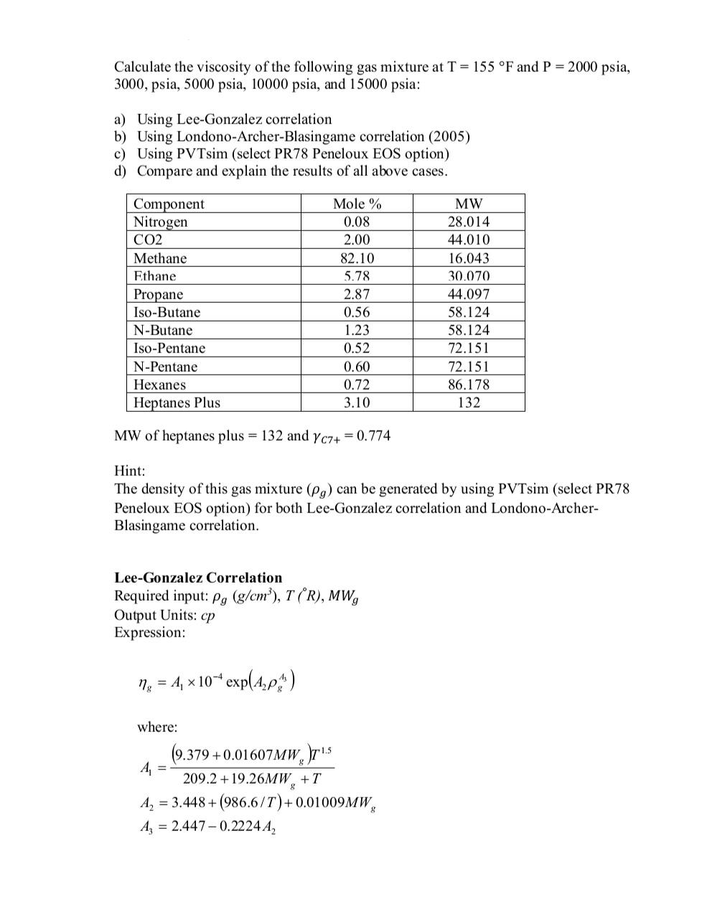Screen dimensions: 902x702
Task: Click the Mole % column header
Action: tap(357, 204)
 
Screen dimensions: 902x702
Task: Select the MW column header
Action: tap(469, 204)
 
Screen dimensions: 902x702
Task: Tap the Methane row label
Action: tap(160, 258)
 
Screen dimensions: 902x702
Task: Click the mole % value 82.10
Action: tap(357, 258)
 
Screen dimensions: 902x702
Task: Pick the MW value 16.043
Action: tap(469, 258)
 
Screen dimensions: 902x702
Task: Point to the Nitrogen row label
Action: tap(161, 222)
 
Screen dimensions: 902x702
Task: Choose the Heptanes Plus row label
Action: tap(177, 403)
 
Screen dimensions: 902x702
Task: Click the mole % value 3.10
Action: tap(357, 403)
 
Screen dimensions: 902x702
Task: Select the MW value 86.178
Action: tap(469, 385)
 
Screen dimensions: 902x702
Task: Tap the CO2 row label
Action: tap(148, 240)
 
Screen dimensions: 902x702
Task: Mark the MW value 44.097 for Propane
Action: tap(469, 294)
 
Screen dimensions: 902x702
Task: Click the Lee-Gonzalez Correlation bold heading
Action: tap(198, 578)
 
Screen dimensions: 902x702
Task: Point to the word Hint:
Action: tap(130, 471)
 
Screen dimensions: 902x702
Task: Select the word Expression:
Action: tap(149, 632)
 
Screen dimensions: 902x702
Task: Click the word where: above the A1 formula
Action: tap(157, 727)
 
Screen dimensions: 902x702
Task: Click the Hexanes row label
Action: tap(159, 385)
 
